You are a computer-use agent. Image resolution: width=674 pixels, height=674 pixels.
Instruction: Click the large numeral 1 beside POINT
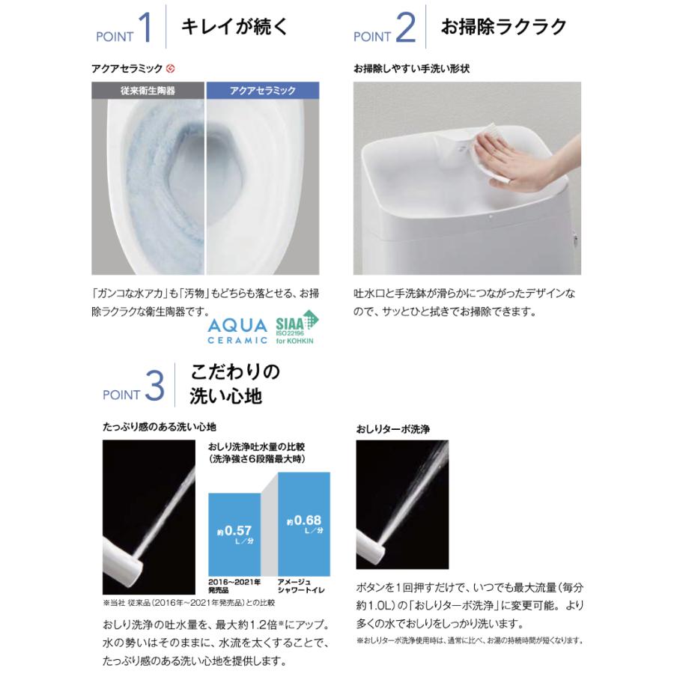click(x=146, y=29)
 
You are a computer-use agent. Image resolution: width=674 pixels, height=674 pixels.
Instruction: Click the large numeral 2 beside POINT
click(x=404, y=29)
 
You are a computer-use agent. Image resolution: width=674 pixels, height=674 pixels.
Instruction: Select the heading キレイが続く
click(x=234, y=27)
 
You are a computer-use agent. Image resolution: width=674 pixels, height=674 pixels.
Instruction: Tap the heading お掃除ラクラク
click(x=503, y=27)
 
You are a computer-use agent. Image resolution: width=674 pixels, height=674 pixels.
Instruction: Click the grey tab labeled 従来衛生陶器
click(x=148, y=91)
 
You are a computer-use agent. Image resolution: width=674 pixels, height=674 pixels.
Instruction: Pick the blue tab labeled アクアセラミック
click(x=263, y=91)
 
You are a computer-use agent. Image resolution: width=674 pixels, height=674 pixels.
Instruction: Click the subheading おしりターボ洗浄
click(x=392, y=429)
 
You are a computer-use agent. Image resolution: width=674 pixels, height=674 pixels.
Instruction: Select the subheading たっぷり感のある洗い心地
click(x=160, y=427)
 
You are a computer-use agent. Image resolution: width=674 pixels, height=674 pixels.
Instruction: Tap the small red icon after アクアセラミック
click(x=171, y=69)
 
